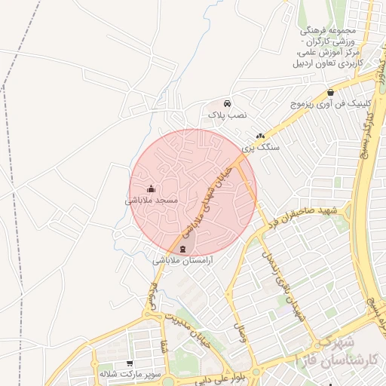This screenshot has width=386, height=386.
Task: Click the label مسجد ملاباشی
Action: pyautogui.click(x=152, y=201)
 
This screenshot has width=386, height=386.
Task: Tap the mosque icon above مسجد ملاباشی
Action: pyautogui.click(x=152, y=189)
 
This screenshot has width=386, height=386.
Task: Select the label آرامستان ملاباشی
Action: pyautogui.click(x=185, y=260)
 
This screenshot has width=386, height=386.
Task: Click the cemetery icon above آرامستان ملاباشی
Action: pyautogui.click(x=185, y=249)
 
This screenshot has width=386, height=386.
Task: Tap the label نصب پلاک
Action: pyautogui.click(x=228, y=116)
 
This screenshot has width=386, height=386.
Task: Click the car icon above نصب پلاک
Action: pyautogui.click(x=228, y=104)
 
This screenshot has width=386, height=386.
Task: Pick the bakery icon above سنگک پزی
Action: pyautogui.click(x=260, y=136)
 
